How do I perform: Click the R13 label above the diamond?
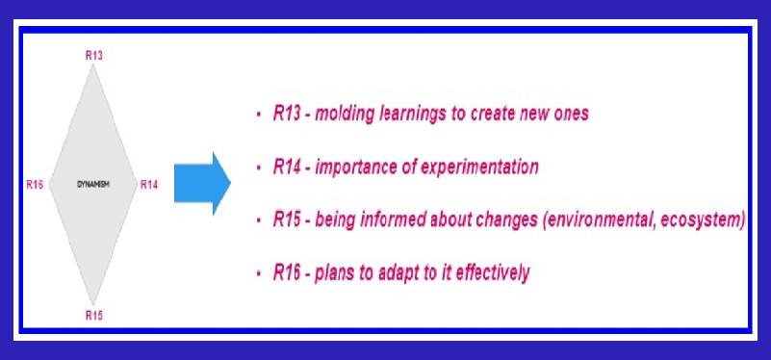pos(94,55)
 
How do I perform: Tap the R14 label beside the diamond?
pos(149,185)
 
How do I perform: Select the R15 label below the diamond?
pos(94,316)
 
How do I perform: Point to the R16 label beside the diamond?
pos(35,185)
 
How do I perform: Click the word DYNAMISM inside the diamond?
pos(93,185)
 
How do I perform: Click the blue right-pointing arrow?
pos(202,184)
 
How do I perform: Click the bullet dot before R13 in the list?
pos(259,115)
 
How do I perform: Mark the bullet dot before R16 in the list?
pos(259,273)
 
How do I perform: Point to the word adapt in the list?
pos(398,273)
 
